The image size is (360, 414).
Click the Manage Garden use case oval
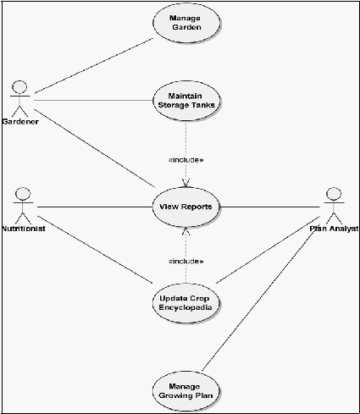[186, 23]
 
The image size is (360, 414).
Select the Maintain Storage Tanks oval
[186, 101]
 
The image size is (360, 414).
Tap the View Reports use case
[186, 207]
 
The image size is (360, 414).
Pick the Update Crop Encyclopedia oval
[186, 303]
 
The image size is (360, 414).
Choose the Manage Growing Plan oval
[186, 391]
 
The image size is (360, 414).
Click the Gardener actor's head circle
[19, 87]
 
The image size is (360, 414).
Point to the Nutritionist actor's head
[23, 194]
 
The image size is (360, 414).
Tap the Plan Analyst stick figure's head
[334, 194]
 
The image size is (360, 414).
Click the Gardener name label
[20, 122]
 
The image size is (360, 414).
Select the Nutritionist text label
[24, 229]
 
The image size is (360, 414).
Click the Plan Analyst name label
[334, 229]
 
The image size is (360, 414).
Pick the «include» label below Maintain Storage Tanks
[186, 160]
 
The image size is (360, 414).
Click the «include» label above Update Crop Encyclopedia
[186, 262]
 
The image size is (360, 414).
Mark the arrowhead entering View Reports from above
[186, 183]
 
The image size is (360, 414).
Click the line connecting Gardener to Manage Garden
[93, 66]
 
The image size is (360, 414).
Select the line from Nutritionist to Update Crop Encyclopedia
[95, 250]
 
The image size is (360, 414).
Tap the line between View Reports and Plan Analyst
[269, 207]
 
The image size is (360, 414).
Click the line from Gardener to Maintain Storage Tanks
[93, 101]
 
